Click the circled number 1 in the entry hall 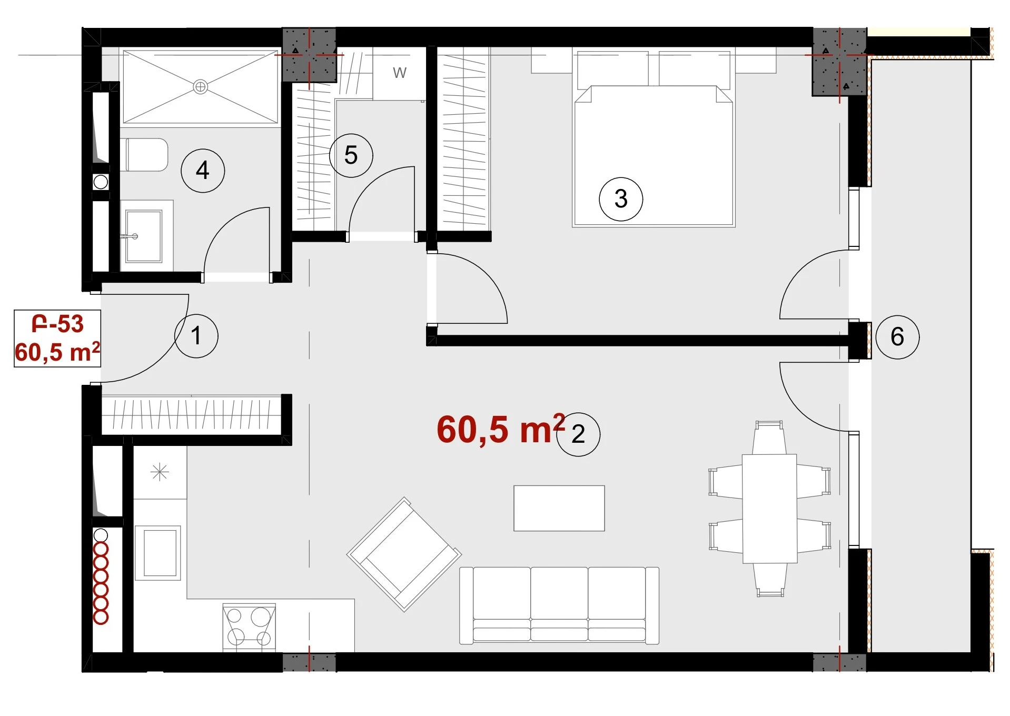pos(196,336)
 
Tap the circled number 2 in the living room pos(578,434)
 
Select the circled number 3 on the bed pos(621,199)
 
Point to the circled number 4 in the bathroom pos(203,171)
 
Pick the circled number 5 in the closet pos(351,155)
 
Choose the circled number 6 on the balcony pos(897,337)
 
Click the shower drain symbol pos(200,86)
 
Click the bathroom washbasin pos(143,236)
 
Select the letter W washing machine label pos(400,73)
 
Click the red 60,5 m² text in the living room pos(501,429)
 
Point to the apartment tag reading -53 pos(58,324)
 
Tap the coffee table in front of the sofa pos(559,508)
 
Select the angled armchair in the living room pos(404,554)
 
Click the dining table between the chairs pos(769,509)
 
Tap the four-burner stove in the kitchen pos(249,627)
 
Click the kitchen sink pos(158,553)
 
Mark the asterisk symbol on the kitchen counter pos(160,472)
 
